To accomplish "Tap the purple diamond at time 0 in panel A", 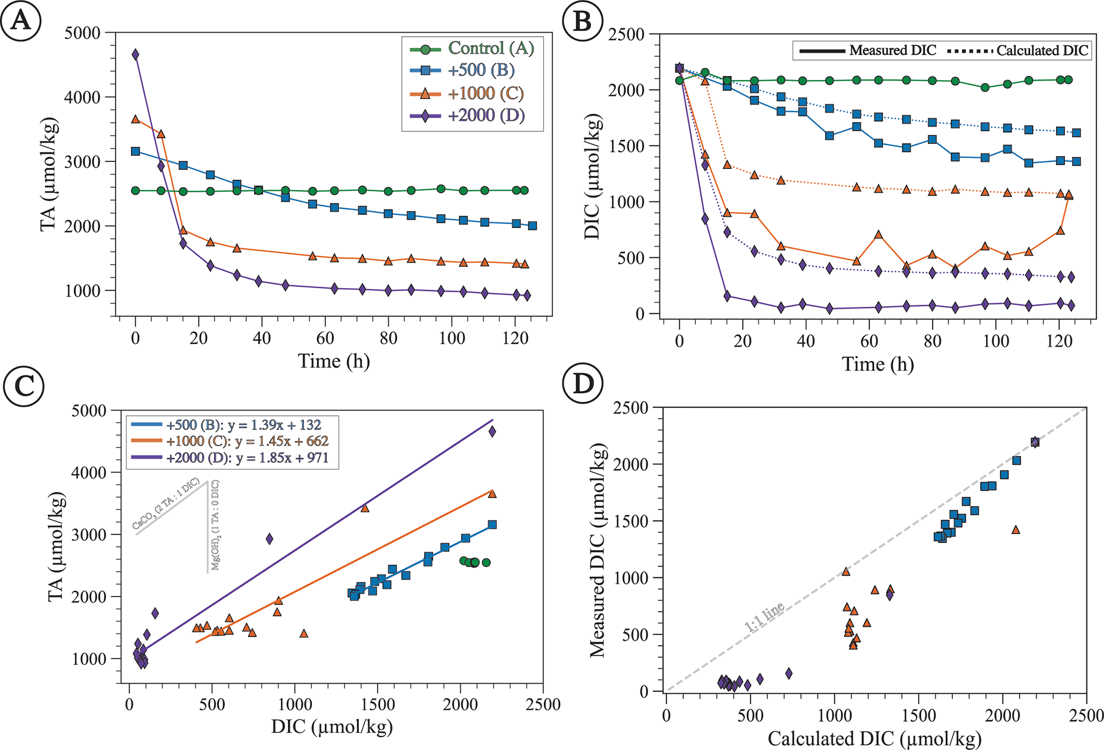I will tap(136, 55).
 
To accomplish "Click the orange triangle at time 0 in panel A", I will tap(136, 119).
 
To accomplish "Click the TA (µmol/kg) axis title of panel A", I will tap(49, 174).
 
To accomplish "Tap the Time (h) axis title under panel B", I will tap(878, 364).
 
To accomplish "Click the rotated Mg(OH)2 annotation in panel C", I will tap(215, 525).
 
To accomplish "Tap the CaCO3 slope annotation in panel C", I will tap(166, 504).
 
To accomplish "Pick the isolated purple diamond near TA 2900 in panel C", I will tap(270, 539).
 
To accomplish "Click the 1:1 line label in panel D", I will tap(764, 617).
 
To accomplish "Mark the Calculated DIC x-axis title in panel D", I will tap(874, 738).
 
